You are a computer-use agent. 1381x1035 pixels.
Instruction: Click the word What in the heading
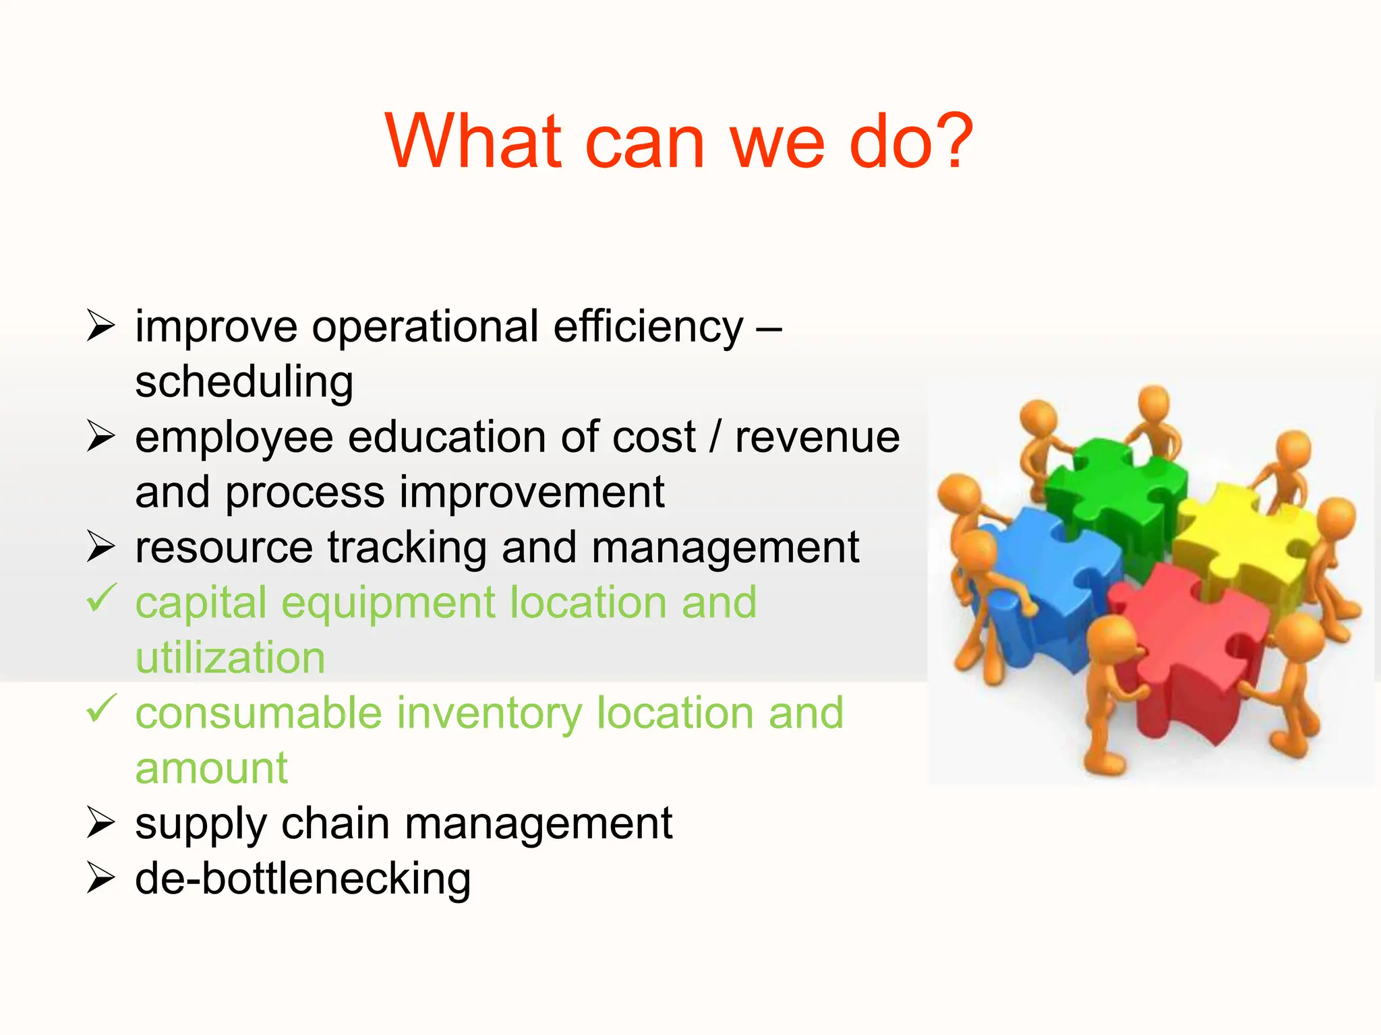(473, 142)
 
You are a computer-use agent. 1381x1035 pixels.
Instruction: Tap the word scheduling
(244, 382)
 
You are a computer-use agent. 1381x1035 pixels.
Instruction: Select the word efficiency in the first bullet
(648, 327)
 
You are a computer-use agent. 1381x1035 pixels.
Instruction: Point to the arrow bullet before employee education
(101, 436)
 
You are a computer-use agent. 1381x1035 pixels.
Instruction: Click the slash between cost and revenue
(715, 437)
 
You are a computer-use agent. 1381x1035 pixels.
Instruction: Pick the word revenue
(817, 437)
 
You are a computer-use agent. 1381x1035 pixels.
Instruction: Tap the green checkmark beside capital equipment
(101, 598)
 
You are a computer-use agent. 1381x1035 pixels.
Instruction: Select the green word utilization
(230, 658)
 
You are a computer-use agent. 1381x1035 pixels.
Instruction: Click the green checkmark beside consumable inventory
(101, 708)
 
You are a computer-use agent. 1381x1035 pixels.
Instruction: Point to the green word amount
(211, 768)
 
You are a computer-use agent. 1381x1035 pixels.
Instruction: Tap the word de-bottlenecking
(303, 879)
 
